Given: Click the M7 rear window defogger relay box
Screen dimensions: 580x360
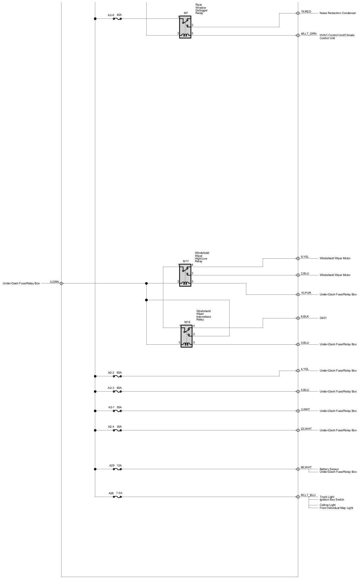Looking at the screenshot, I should tap(185, 27).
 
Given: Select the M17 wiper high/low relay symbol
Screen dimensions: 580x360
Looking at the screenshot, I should tap(185, 275).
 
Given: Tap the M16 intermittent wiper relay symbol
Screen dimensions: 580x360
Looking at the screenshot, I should tap(187, 336).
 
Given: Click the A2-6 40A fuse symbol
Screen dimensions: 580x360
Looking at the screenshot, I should tap(117, 19).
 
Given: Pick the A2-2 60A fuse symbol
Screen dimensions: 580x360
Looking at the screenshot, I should tap(117, 376).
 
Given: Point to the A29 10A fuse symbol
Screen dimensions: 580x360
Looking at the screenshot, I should tap(117, 469).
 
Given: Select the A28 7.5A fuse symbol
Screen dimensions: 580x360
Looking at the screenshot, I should tap(117, 497).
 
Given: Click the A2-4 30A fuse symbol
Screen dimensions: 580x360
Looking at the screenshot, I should tap(117, 430).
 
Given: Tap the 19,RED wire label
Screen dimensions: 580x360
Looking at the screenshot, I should tap(306, 12).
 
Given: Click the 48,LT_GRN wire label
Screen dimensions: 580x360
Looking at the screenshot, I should tap(309, 34).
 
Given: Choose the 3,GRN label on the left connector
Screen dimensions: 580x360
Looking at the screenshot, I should tap(54, 282).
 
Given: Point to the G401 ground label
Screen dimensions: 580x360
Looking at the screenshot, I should tap(323, 318).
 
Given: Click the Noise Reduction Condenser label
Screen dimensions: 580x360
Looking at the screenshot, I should tap(338, 13).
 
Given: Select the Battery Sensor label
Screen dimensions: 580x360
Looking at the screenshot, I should tap(329, 469).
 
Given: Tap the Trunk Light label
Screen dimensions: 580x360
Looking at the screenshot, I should tap(327, 497).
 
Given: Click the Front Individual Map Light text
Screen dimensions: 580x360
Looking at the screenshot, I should tap(336, 508).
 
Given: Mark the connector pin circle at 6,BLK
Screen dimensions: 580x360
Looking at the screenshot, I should tap(298, 318).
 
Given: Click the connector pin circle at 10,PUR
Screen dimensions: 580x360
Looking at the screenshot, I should tap(298, 294).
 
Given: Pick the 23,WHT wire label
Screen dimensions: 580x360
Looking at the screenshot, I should tap(306, 429).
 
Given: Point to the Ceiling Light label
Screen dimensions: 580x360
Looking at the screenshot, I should tap(327, 505).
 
